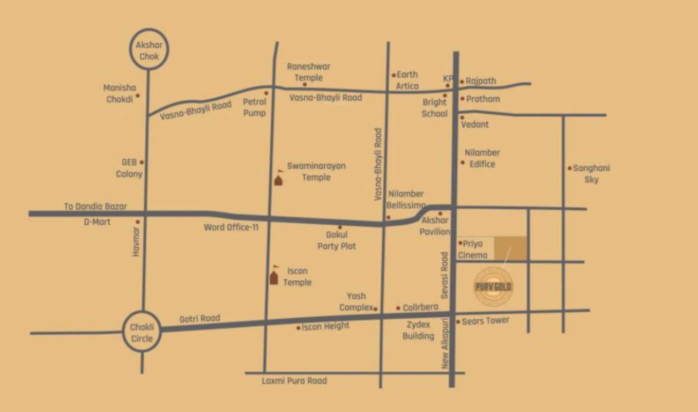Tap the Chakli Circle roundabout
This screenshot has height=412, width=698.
coord(142,332)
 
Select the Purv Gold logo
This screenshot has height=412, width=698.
coord(493,286)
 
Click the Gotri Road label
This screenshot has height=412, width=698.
coord(199,319)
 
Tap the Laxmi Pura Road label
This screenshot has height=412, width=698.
coord(294,381)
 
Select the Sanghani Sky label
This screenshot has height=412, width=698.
coord(591,174)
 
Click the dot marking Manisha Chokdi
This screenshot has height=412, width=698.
coord(138,95)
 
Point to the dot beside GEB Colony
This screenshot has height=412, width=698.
coord(142,162)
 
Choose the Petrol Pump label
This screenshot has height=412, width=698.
coord(255,107)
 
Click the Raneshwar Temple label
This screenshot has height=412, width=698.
coord(308,72)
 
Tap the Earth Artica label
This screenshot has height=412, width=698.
coord(407,80)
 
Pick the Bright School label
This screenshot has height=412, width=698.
coord(434,108)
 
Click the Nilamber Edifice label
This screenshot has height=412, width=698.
coord(482,158)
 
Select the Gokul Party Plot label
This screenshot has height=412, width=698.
coord(337,240)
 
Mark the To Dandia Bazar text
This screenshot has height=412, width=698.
coord(95,206)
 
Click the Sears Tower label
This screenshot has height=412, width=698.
coord(485,321)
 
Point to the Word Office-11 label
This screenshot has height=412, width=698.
coord(231,227)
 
